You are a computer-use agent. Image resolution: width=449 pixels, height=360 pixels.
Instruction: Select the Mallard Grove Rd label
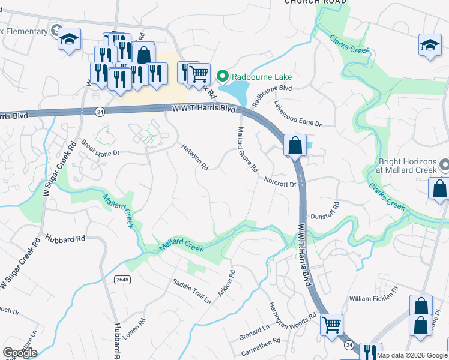point(247,148)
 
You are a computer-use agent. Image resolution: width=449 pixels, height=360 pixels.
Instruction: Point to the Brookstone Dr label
point(100,148)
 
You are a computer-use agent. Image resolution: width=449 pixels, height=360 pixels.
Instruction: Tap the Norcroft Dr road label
point(280,181)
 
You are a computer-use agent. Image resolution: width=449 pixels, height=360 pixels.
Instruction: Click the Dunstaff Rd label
point(325,211)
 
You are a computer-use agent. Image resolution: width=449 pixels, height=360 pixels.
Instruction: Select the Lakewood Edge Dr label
point(298,113)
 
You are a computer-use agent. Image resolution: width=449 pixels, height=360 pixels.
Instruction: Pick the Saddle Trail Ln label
point(191,290)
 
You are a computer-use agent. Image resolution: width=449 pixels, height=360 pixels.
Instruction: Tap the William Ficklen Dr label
point(374,293)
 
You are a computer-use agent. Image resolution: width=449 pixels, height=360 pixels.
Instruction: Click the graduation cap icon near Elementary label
point(69,40)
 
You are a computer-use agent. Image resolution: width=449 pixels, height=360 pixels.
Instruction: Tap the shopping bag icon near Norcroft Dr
point(295,145)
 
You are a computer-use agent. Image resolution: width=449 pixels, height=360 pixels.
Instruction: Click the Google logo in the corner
point(20,352)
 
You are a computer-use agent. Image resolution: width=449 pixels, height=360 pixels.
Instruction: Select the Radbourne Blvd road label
point(272,95)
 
